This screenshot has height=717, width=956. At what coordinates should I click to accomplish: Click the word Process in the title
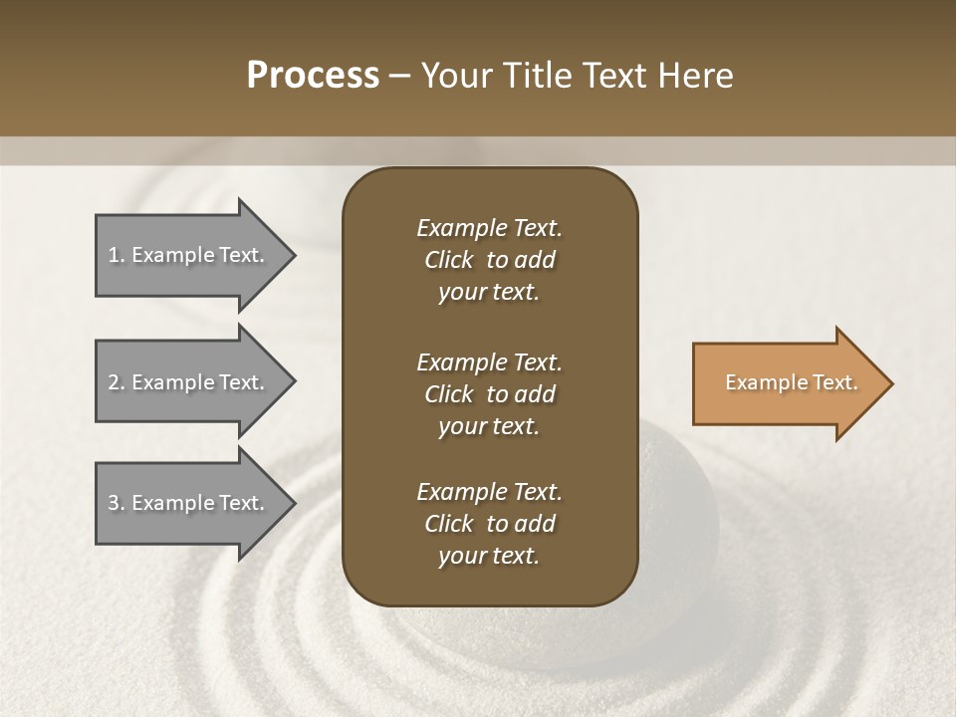(x=313, y=76)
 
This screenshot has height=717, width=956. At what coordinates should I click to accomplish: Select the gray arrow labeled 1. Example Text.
(x=189, y=255)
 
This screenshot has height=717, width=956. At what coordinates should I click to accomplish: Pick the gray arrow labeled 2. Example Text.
(x=189, y=382)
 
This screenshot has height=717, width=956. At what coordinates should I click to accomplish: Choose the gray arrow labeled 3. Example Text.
(x=189, y=503)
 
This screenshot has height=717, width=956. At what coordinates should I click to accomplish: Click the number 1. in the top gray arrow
(x=117, y=255)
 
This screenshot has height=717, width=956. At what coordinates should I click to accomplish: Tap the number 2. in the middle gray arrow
(x=117, y=382)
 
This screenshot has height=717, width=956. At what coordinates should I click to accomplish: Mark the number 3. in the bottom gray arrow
(x=117, y=503)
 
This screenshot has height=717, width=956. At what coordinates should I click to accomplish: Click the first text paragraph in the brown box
(x=489, y=260)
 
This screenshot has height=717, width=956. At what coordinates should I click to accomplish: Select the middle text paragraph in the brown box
(x=489, y=393)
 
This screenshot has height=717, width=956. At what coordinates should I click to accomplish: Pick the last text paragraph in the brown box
(x=489, y=524)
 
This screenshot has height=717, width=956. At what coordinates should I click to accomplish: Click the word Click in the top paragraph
(x=448, y=260)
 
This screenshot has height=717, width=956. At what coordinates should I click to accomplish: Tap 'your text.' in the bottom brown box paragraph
(x=489, y=556)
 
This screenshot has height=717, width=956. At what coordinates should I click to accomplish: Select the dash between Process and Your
(x=399, y=76)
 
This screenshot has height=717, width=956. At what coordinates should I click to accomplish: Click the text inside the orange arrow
(x=791, y=382)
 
